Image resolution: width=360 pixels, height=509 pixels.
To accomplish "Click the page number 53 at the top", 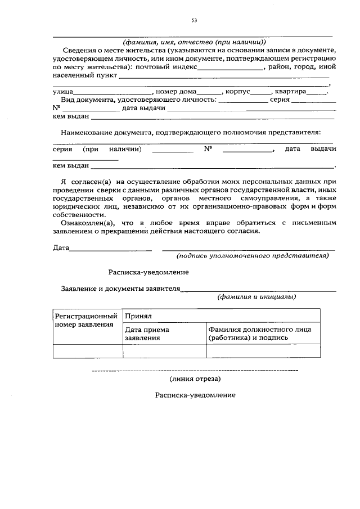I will click(194, 20).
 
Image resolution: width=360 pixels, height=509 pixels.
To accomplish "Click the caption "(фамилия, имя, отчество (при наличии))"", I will click(194, 42).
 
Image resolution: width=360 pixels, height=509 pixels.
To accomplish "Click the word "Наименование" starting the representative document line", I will click(87, 132).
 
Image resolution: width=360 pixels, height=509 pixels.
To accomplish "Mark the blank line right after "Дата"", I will click(110, 248).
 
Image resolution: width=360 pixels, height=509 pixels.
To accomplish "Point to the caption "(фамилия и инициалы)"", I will click(257, 296).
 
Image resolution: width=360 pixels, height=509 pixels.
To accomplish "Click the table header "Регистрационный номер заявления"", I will click(87, 321).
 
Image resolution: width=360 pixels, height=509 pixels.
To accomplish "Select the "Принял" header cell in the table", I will click(138, 316).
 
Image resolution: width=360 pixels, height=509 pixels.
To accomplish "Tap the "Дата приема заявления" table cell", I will click(147, 334).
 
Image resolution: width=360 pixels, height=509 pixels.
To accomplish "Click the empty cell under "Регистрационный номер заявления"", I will click(87, 351).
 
